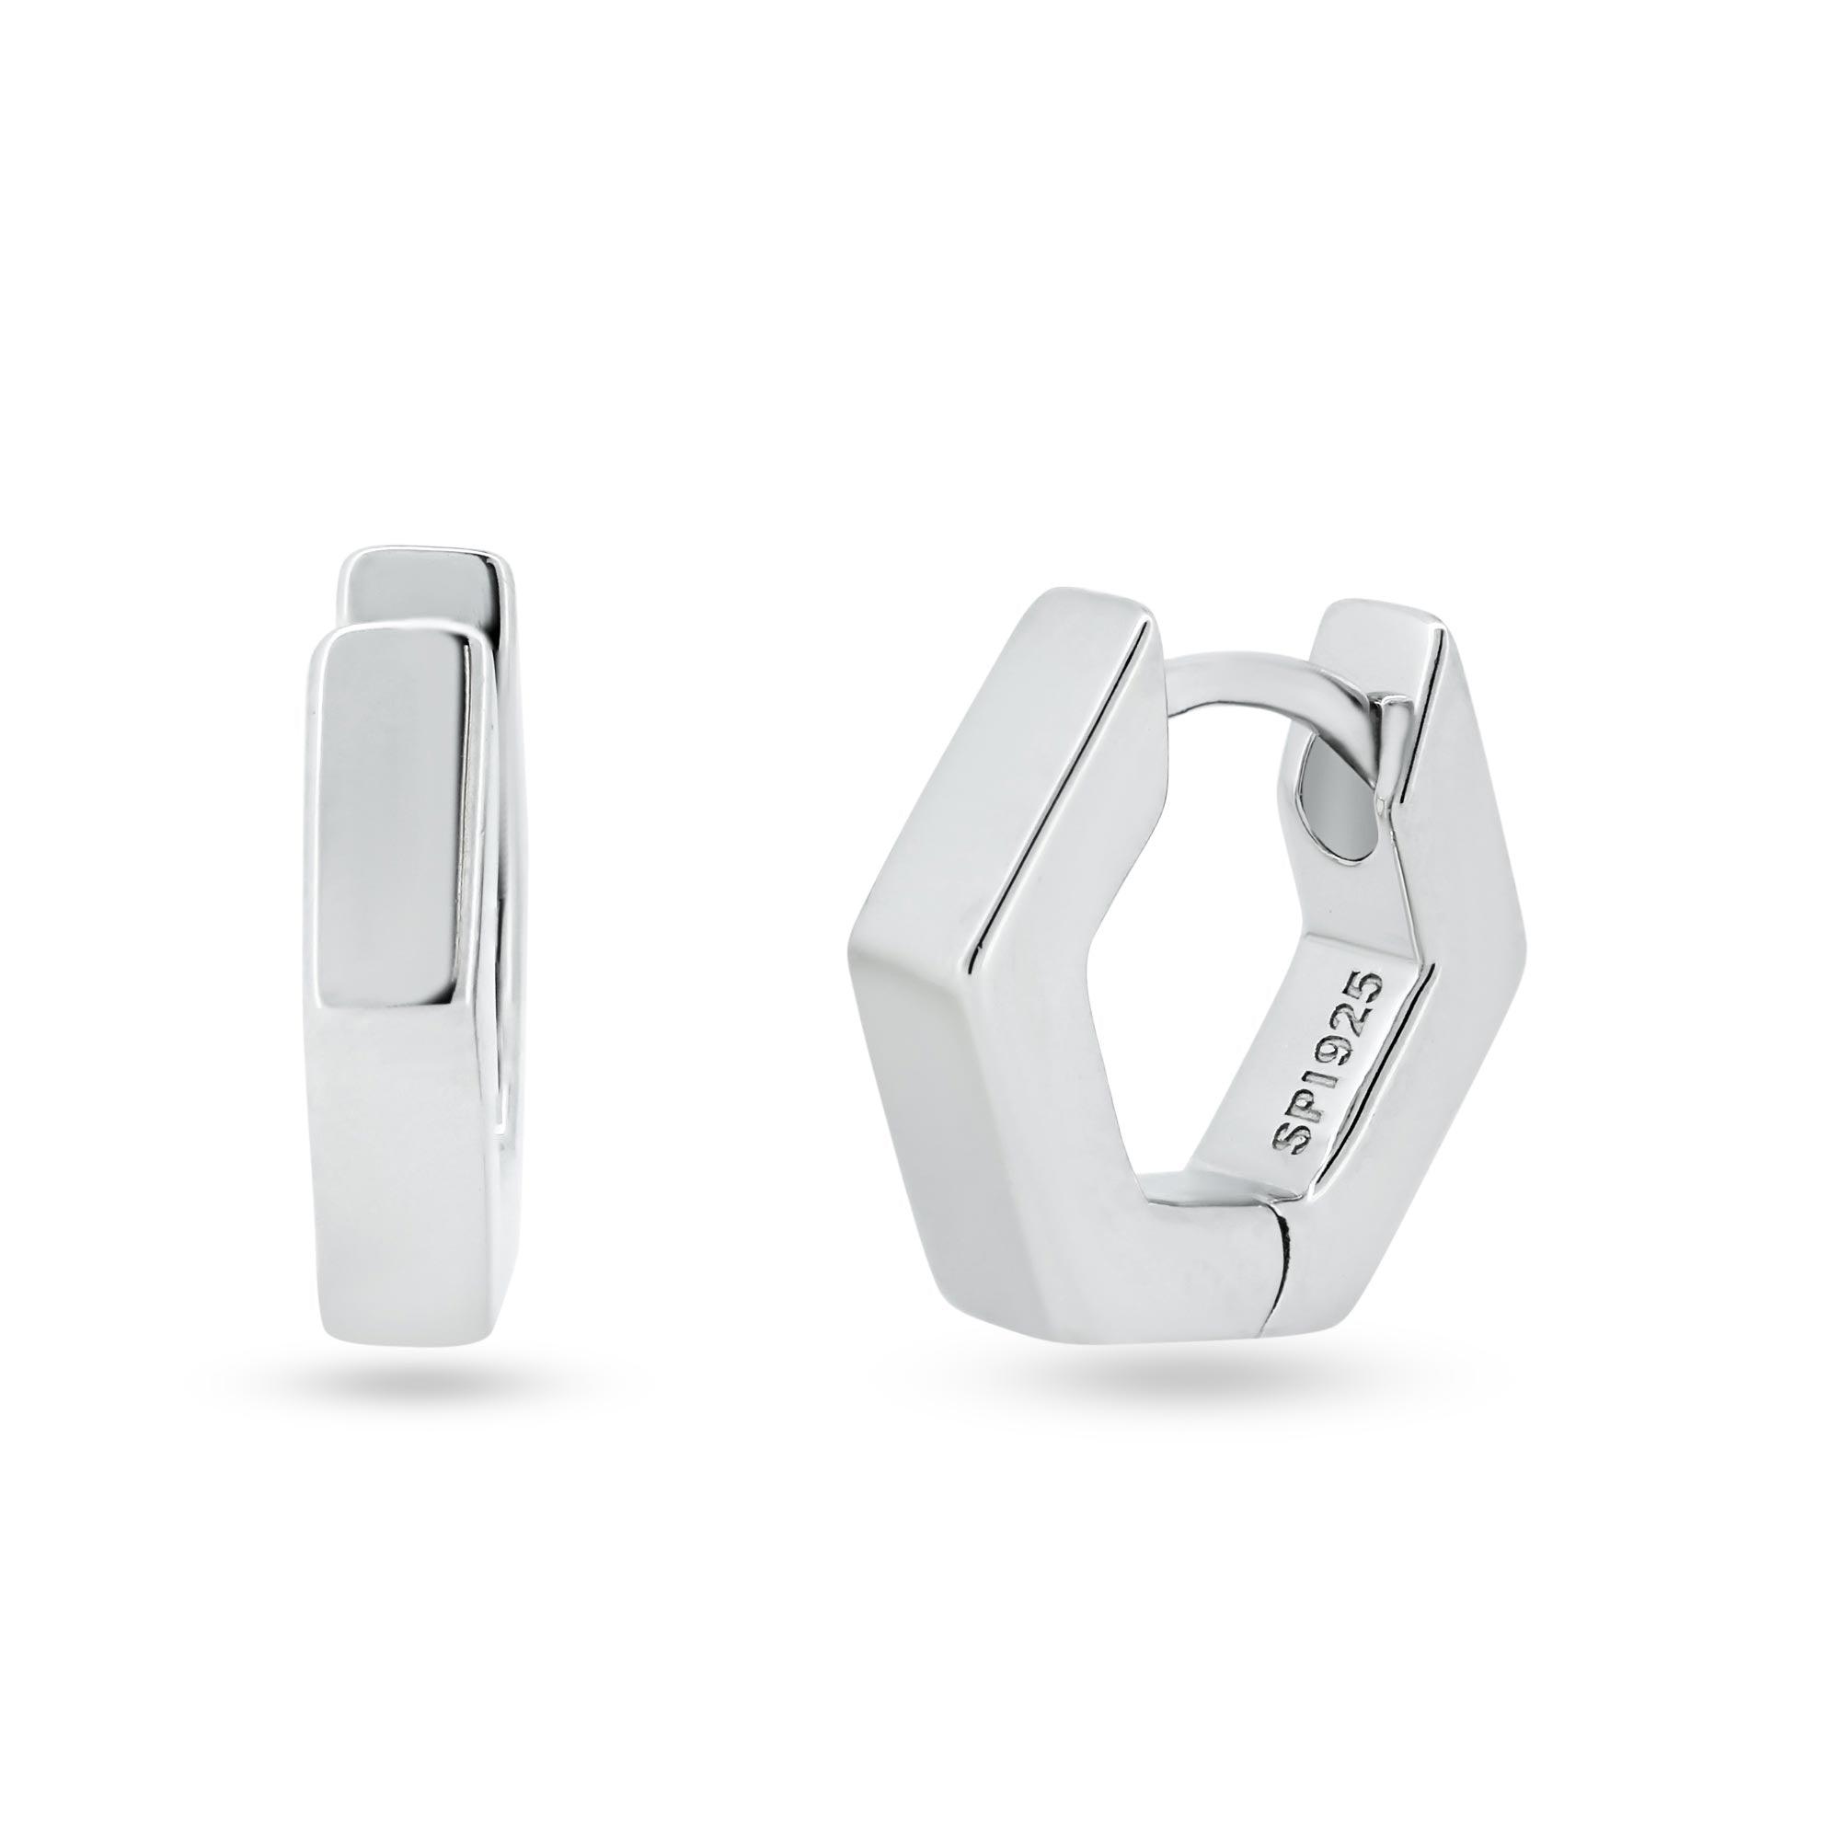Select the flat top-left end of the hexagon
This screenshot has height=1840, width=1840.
tap(1095, 610)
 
